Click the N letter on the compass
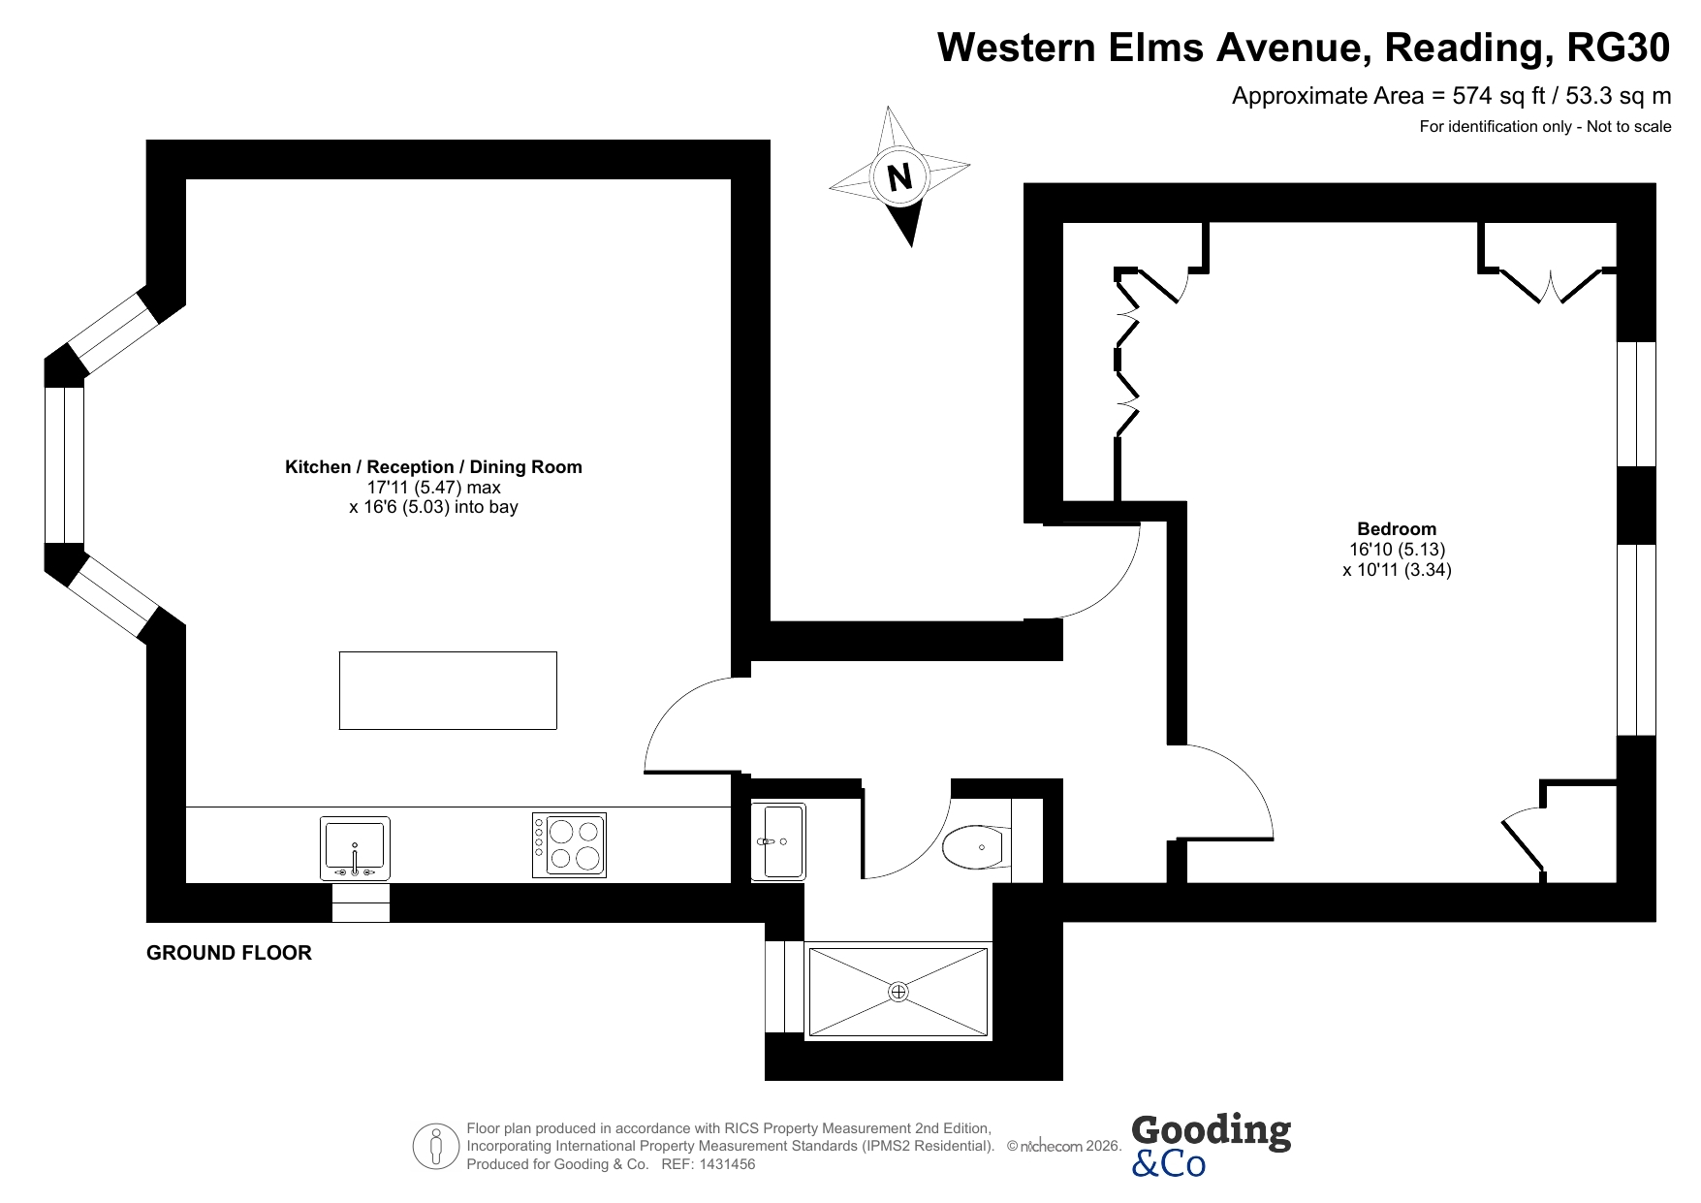pyautogui.click(x=900, y=177)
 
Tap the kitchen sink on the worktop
pyautogui.click(x=355, y=848)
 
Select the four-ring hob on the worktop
pyautogui.click(x=569, y=845)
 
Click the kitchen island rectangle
pyautogui.click(x=448, y=690)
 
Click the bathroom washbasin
pyautogui.click(x=778, y=841)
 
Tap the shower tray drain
pyautogui.click(x=898, y=992)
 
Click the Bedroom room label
pyautogui.click(x=1397, y=528)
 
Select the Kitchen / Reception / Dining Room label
pyautogui.click(x=433, y=466)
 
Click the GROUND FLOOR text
pyautogui.click(x=229, y=953)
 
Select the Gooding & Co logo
pyautogui.click(x=1212, y=1145)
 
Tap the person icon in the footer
pyautogui.click(x=436, y=1147)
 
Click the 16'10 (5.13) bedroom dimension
pyautogui.click(x=1397, y=549)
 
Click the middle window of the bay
pyautogui.click(x=64, y=464)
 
